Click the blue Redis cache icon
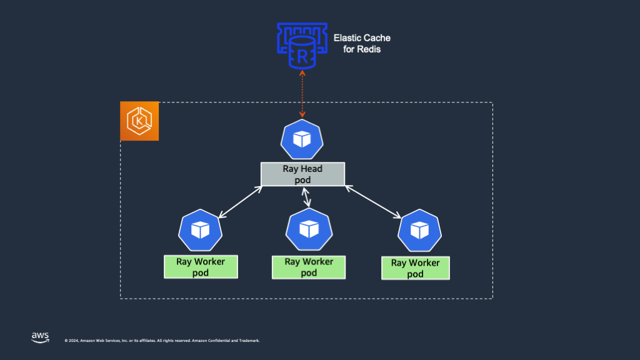[x=302, y=46]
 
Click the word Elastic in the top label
[x=347, y=38]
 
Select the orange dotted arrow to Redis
[x=302, y=94]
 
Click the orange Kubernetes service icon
[x=139, y=121]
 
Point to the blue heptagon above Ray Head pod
[x=302, y=141]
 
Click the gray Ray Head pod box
[x=302, y=174]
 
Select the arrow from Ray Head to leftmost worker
[x=240, y=202]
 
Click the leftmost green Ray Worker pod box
[x=201, y=267]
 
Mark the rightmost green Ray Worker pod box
[x=416, y=268]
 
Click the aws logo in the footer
[x=40, y=337]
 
